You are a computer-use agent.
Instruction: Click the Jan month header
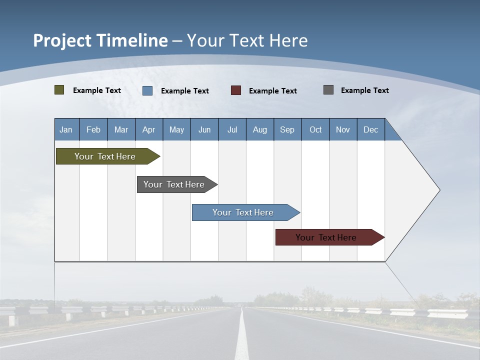click(x=66, y=129)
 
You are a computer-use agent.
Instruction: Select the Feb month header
click(x=93, y=129)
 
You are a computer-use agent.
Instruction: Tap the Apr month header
click(x=149, y=129)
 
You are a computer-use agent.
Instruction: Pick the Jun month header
click(x=204, y=129)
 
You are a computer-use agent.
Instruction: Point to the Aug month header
click(x=260, y=129)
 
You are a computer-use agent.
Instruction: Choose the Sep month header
click(x=287, y=129)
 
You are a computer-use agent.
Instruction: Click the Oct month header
click(x=315, y=129)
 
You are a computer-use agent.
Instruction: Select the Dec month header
click(x=371, y=129)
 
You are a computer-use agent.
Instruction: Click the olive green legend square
click(x=59, y=90)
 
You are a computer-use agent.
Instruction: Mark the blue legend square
click(x=147, y=90)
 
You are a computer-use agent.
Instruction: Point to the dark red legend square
click(x=236, y=90)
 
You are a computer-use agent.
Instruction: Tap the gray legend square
click(x=328, y=90)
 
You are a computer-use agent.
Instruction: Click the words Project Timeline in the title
click(x=100, y=40)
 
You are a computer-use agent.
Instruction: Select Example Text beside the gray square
click(x=365, y=90)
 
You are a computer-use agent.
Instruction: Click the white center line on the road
click(x=242, y=340)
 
